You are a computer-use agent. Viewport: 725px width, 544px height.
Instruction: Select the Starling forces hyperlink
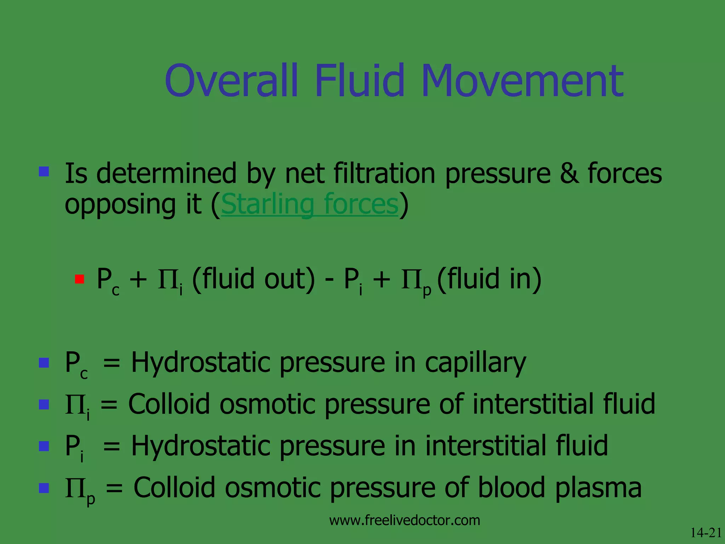pyautogui.click(x=310, y=205)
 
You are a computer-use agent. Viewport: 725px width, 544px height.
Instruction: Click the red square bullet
pyautogui.click(x=80, y=279)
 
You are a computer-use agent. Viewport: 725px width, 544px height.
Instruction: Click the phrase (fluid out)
pyautogui.click(x=253, y=279)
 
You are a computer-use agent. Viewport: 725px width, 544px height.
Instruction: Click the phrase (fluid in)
pyautogui.click(x=490, y=279)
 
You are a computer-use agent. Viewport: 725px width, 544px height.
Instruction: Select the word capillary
pyautogui.click(x=475, y=363)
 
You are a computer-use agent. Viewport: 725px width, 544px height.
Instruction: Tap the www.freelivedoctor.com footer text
pyautogui.click(x=405, y=520)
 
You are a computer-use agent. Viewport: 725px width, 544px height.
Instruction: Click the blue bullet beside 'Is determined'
pyautogui.click(x=44, y=172)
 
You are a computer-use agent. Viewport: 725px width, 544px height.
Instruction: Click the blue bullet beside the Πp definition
pyautogui.click(x=44, y=488)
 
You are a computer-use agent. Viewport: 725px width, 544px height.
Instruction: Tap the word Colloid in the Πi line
pyautogui.click(x=169, y=404)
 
